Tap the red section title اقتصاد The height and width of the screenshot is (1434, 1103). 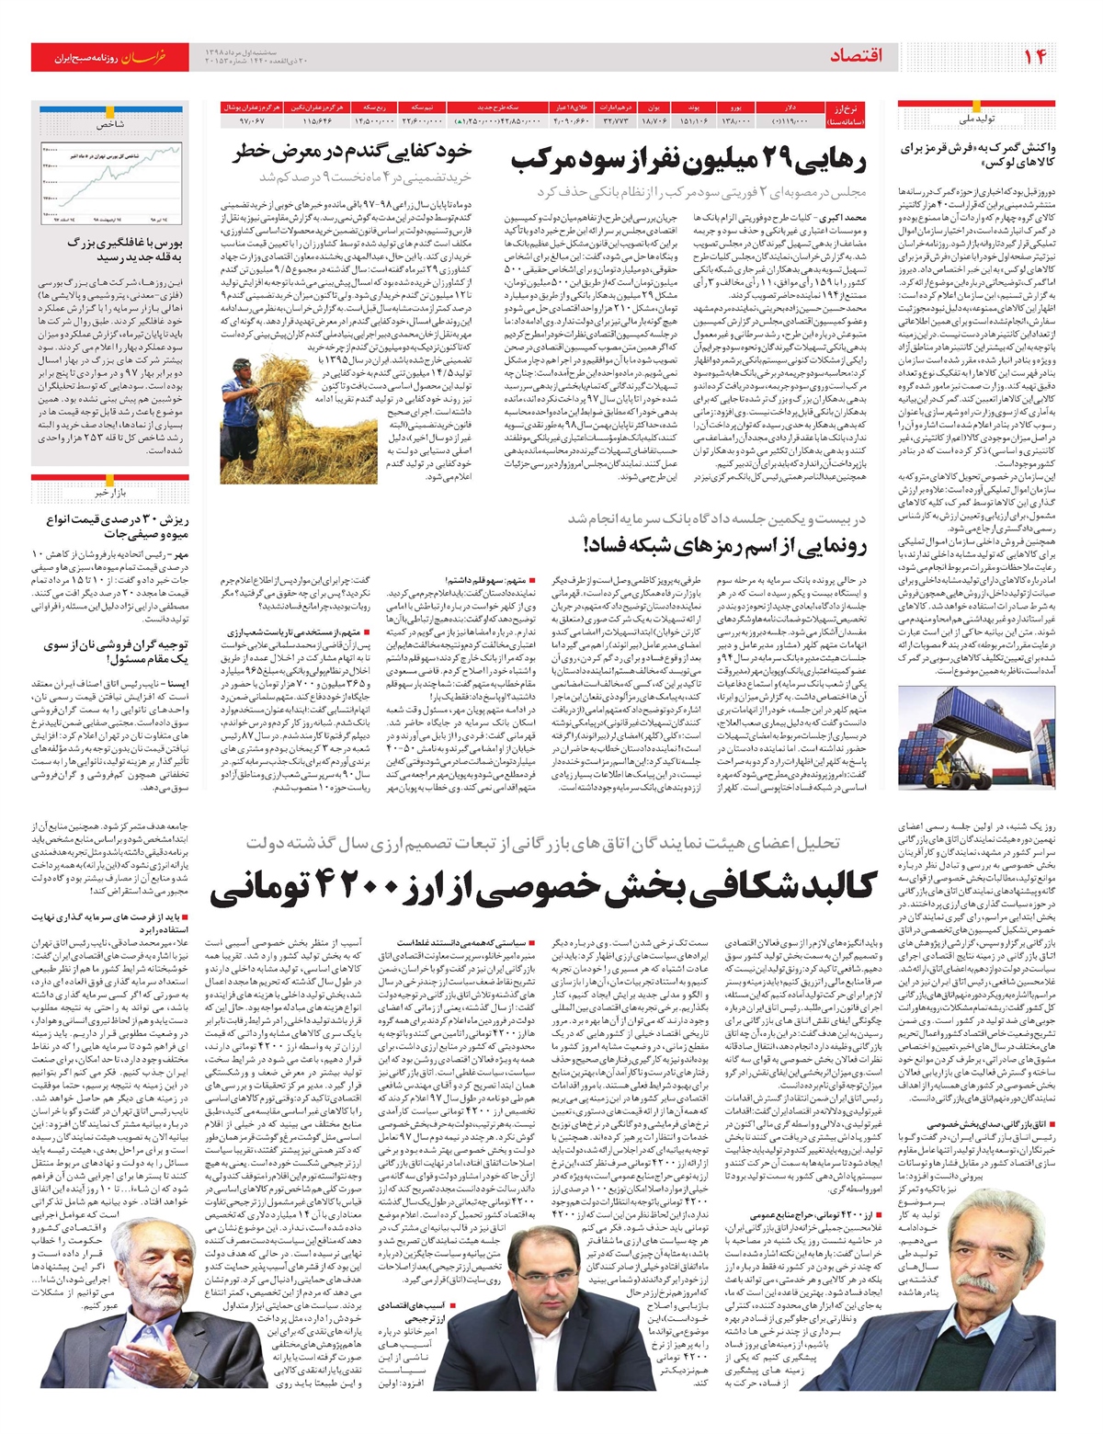pyautogui.click(x=856, y=57)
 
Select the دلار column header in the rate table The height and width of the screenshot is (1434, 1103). pyautogui.click(x=790, y=108)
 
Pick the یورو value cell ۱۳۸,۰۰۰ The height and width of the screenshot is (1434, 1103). pyautogui.click(x=737, y=120)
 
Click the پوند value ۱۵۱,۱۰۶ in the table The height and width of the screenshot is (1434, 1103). pyautogui.click(x=693, y=120)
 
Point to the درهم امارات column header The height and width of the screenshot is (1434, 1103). pyautogui.click(x=614, y=108)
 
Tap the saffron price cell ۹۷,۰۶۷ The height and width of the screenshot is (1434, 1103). pyautogui.click(x=253, y=120)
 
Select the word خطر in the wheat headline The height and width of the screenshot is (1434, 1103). pyautogui.click(x=256, y=152)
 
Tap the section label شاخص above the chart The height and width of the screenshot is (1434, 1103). pyautogui.click(x=109, y=123)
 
